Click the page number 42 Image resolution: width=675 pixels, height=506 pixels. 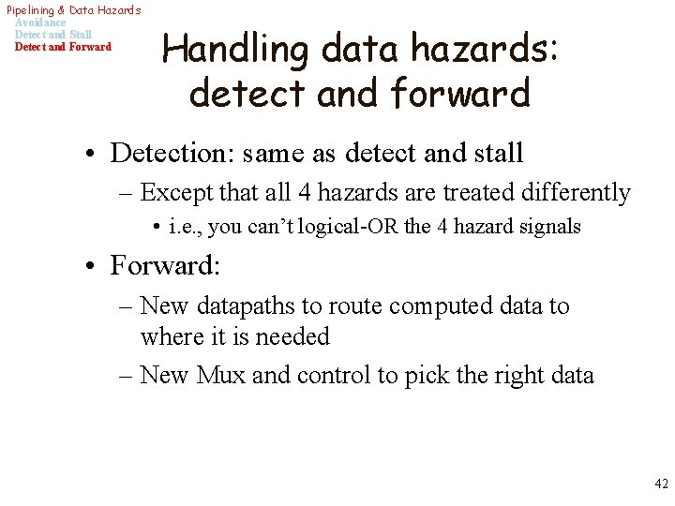coord(661,484)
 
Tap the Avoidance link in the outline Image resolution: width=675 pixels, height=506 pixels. coord(40,22)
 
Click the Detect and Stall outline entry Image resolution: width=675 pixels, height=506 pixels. coord(53,35)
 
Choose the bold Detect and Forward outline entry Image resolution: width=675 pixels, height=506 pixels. coord(63,47)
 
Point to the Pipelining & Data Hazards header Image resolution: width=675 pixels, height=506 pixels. coord(73,10)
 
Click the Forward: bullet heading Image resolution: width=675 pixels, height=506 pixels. coord(165,265)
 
